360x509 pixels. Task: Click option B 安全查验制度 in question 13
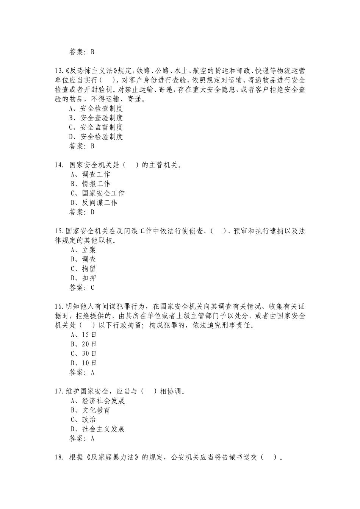[96, 118]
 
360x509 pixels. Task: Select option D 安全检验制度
[96, 137]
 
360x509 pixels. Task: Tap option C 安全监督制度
[96, 127]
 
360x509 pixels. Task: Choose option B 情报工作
[91, 184]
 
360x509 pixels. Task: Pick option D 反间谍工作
[94, 203]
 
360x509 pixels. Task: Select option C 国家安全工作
[98, 193]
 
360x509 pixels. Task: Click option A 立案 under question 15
[84, 250]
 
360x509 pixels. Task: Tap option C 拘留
[84, 269]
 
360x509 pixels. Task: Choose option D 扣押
[84, 278]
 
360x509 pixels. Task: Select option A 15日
[84, 335]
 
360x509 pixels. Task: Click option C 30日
[84, 353]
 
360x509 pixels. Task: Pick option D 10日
[84, 363]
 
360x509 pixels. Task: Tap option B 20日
[84, 344]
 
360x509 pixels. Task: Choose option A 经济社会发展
[98, 401]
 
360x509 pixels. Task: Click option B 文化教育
[91, 410]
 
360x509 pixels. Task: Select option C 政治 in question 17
[84, 420]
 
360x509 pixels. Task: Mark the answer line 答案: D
[82, 212]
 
